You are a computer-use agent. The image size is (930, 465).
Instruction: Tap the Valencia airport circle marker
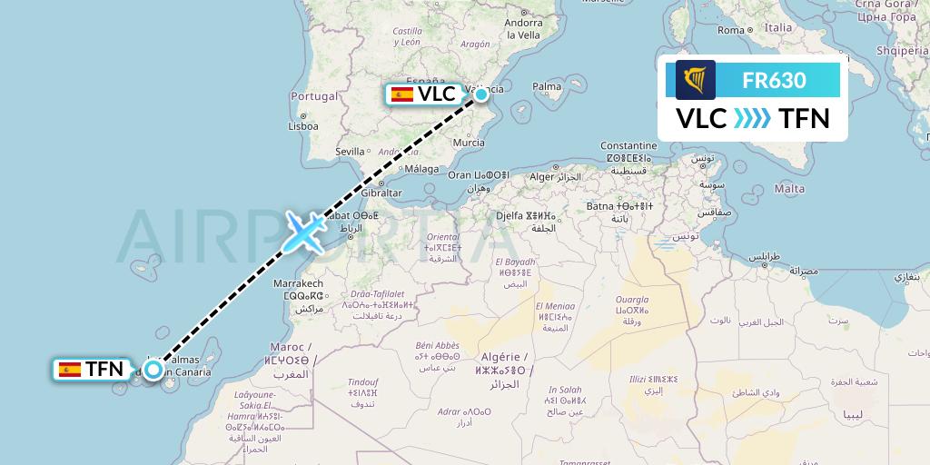pyautogui.click(x=480, y=94)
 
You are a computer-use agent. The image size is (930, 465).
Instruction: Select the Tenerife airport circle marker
pyautogui.click(x=153, y=369)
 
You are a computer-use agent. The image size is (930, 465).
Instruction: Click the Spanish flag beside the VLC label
pyautogui.click(x=401, y=94)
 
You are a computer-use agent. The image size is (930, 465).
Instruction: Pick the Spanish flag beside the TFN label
pyautogui.click(x=69, y=369)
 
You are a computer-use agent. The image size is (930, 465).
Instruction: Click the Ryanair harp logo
pyautogui.click(x=695, y=80)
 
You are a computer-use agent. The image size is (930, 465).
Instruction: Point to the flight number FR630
pyautogui.click(x=774, y=80)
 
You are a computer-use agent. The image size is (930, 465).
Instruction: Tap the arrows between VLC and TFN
pyautogui.click(x=752, y=118)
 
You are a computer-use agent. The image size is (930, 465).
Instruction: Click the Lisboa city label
pyautogui.click(x=302, y=127)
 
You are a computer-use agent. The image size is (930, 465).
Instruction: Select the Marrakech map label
pyautogui.click(x=298, y=284)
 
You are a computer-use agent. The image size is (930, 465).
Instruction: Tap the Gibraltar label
pyautogui.click(x=381, y=193)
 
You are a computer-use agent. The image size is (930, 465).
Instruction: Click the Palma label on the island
pyautogui.click(x=547, y=87)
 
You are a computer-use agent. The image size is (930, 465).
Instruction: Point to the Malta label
pyautogui.click(x=789, y=189)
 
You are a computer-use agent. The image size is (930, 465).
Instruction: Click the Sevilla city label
pyautogui.click(x=350, y=151)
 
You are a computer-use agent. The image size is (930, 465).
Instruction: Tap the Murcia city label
pyautogui.click(x=468, y=143)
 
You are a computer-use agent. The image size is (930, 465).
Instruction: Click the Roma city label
pyautogui.click(x=731, y=30)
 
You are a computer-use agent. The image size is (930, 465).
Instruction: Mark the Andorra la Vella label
pyautogui.click(x=524, y=29)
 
